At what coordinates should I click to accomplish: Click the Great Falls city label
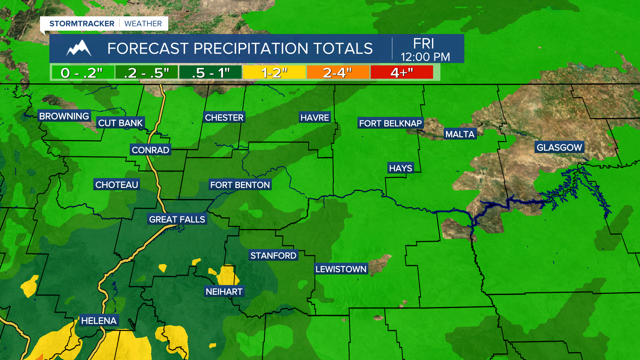(177, 219)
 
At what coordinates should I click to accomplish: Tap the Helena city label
(99, 321)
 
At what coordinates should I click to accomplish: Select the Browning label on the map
(64, 116)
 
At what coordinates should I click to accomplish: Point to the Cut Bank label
(120, 123)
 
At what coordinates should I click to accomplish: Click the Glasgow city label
(559, 147)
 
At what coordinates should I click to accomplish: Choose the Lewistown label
(341, 269)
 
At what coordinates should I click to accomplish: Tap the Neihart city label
(224, 292)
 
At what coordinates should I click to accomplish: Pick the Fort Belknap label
(390, 123)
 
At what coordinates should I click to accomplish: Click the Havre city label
(314, 118)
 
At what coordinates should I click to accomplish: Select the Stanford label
(273, 256)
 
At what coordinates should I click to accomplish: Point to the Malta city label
(460, 134)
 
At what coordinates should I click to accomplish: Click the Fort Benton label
(240, 185)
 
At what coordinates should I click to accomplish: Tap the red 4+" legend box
(402, 72)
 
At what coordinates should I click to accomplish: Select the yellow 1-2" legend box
(274, 72)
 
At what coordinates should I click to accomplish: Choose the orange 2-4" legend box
(338, 72)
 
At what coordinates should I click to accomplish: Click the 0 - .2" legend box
(82, 72)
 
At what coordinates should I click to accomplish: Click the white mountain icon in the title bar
(79, 48)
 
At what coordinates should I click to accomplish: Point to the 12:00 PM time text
(425, 57)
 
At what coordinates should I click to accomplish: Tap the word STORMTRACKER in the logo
(82, 24)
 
